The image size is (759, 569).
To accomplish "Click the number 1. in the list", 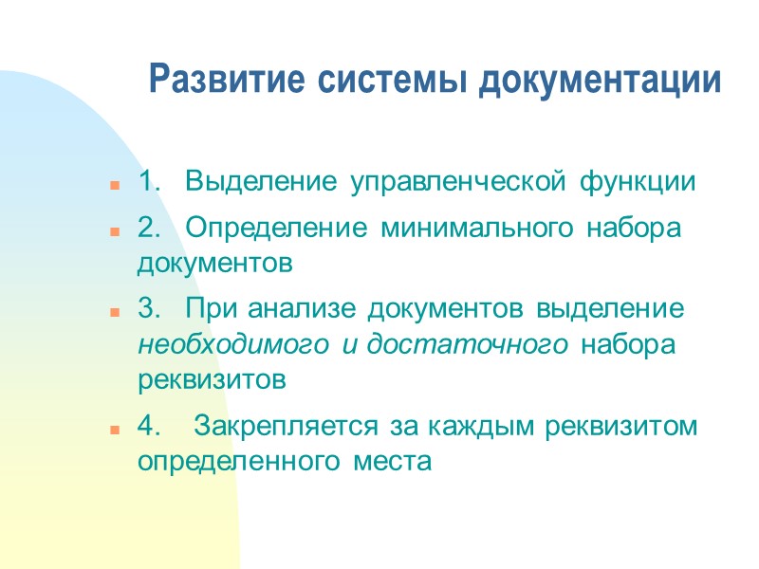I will point(150,181).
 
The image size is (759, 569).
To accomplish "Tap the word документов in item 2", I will point(213,264).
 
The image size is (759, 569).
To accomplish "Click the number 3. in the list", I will point(150,311).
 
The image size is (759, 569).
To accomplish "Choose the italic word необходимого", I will point(233,345).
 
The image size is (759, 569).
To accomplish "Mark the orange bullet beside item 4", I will point(113,430).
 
